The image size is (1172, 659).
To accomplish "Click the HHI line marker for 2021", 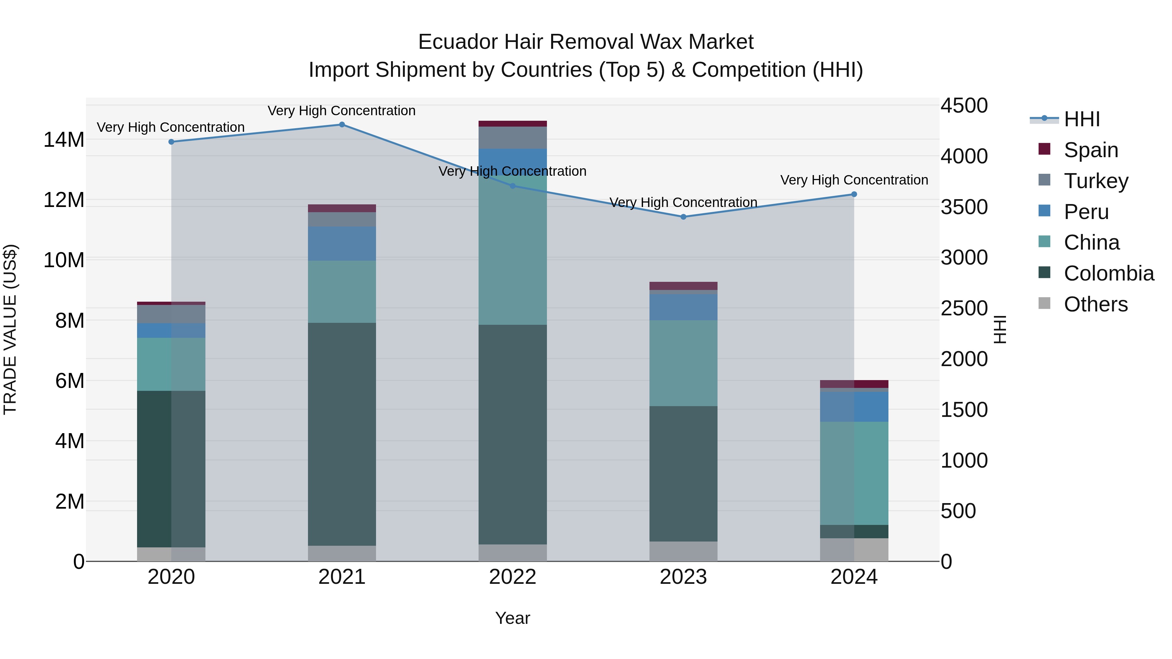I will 342,125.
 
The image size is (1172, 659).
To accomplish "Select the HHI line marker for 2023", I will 683,217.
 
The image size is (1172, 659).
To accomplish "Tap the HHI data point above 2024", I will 854,194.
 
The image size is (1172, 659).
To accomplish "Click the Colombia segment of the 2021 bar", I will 342,434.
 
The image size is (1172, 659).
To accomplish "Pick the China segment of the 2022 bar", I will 513,250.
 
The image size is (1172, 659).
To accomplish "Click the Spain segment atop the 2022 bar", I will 513,124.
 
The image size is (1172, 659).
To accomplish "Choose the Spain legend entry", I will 1091,150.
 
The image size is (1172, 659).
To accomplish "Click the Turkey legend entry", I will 1095,181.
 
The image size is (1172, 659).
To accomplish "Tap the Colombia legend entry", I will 1108,273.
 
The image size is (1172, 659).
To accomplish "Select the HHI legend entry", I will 1081,119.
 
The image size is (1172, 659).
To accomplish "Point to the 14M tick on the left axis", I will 64,140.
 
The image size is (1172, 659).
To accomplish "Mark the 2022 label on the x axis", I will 513,577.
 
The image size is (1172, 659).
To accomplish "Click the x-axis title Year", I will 513,618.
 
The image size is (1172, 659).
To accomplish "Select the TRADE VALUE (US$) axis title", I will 10,329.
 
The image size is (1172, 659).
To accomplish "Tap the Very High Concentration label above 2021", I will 342,111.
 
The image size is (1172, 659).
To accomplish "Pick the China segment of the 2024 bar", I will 854,473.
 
